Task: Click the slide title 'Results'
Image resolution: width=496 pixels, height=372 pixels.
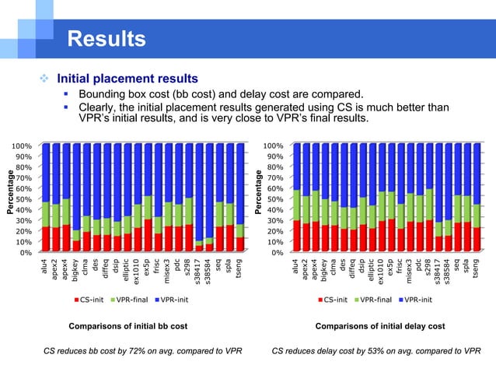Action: point(107,39)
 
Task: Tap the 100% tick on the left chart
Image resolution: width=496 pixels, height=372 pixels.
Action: point(21,146)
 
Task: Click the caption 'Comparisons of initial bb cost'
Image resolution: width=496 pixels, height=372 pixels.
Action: point(127,326)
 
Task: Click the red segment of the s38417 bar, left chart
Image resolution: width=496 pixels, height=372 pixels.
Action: point(199,248)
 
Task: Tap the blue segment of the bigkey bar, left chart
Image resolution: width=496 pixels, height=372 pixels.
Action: point(75,187)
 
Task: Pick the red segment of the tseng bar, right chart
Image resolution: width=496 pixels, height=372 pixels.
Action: point(476,240)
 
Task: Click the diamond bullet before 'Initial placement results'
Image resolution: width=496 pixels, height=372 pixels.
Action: point(46,79)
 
